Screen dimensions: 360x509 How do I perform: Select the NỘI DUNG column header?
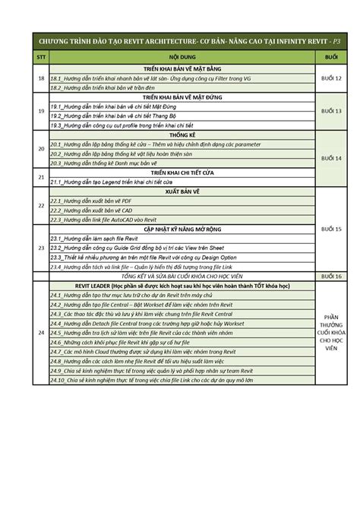182,58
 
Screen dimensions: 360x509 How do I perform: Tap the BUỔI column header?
331,58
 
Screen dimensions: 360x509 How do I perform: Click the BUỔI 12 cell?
332,79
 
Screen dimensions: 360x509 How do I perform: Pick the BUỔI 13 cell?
332,111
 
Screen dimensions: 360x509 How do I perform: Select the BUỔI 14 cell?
332,157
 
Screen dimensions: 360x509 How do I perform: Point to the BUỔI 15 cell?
332,229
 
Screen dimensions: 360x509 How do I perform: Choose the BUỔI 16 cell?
332,277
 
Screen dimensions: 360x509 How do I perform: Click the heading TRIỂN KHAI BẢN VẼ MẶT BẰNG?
182,69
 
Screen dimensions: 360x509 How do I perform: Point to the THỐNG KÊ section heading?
182,134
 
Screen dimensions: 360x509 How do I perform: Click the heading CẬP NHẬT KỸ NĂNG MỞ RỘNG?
182,227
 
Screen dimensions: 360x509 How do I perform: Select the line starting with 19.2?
106,115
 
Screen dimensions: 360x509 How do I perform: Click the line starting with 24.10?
152,380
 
